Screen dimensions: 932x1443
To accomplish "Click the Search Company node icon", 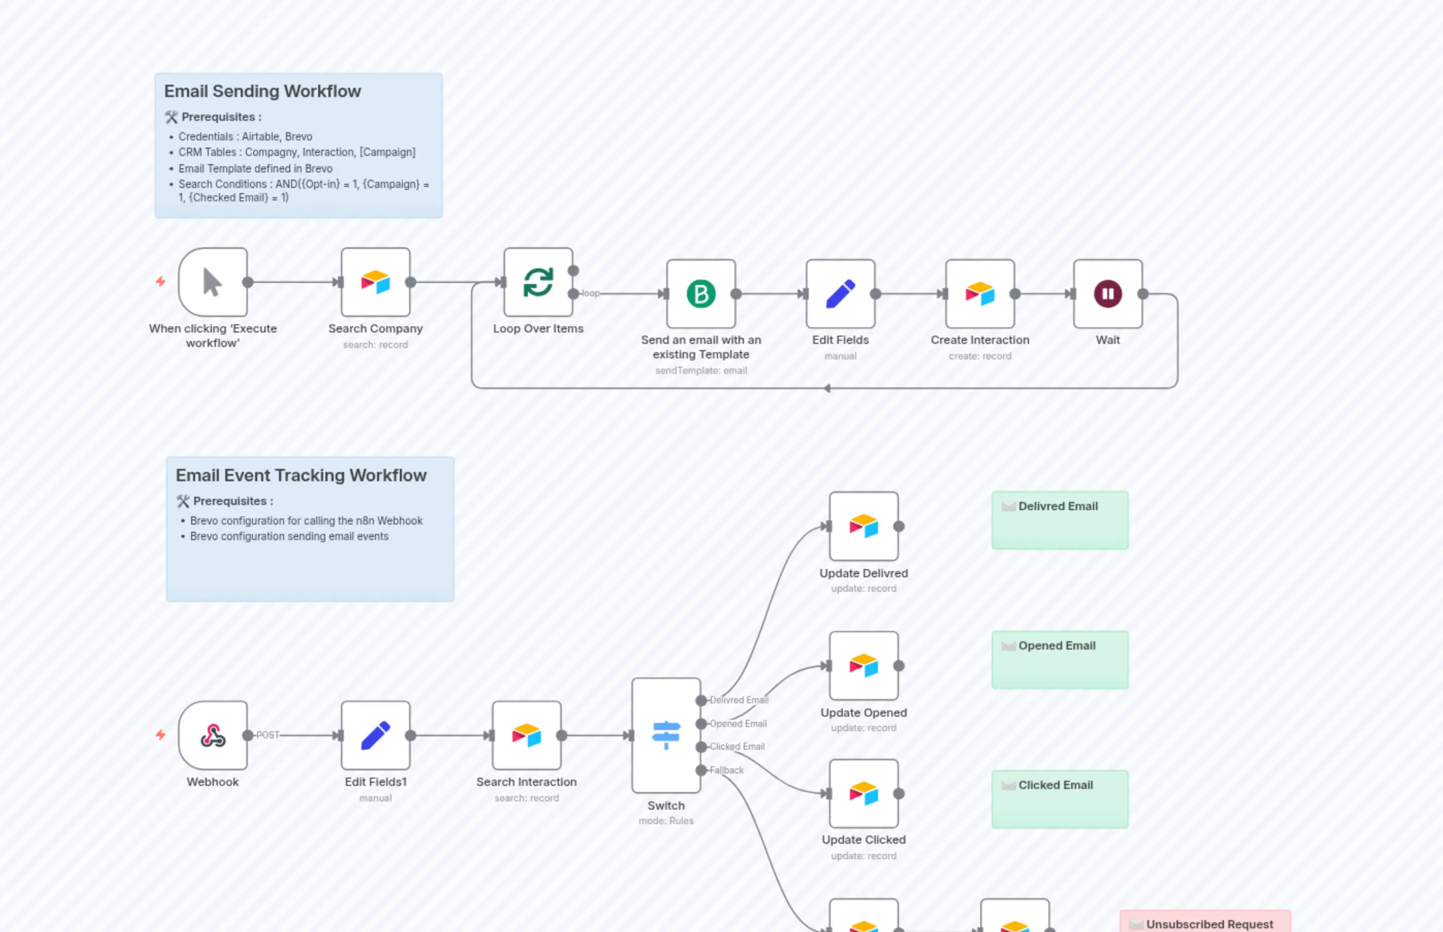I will pyautogui.click(x=375, y=282).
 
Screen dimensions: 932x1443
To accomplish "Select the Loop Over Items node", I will pyautogui.click(x=538, y=282).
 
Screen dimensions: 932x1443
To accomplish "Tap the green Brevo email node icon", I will pyautogui.click(x=701, y=294).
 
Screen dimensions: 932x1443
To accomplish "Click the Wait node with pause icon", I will pyautogui.click(x=1107, y=294).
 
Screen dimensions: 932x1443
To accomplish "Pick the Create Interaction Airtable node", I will pyautogui.click(x=979, y=294).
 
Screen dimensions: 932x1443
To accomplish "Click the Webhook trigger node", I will pyautogui.click(x=212, y=735).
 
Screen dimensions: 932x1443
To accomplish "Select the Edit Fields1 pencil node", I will pyautogui.click(x=375, y=735).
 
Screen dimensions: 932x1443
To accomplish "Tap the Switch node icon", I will pyautogui.click(x=666, y=735).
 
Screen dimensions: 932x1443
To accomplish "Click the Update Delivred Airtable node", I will pyautogui.click(x=863, y=526).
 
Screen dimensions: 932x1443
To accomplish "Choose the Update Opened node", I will pyautogui.click(x=863, y=666).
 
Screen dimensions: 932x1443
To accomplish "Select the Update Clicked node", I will pyautogui.click(x=863, y=794).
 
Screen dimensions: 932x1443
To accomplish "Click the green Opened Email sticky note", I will pyautogui.click(x=1059, y=660).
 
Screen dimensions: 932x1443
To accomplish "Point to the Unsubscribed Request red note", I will pyautogui.click(x=1204, y=922).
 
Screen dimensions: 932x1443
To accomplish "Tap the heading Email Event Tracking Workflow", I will pyautogui.click(x=301, y=475).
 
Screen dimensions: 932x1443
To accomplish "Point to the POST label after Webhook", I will pyautogui.click(x=268, y=735).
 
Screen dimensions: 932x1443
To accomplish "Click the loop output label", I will pyautogui.click(x=590, y=293).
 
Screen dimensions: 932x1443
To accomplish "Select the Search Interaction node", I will pyautogui.click(x=526, y=735).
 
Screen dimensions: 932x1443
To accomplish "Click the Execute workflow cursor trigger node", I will pyautogui.click(x=212, y=282).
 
